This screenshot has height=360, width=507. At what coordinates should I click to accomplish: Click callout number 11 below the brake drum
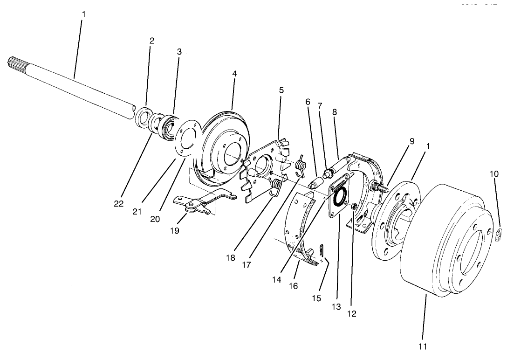pyautogui.click(x=422, y=346)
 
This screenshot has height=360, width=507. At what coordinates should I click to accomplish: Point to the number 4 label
pyautogui.click(x=234, y=74)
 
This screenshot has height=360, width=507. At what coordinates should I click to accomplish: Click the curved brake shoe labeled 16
pyautogui.click(x=301, y=228)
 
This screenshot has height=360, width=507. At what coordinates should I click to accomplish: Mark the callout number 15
pyautogui.click(x=316, y=298)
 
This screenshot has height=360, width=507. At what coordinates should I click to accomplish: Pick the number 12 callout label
pyautogui.click(x=352, y=314)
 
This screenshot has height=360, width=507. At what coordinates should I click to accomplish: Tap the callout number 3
pyautogui.click(x=179, y=52)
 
